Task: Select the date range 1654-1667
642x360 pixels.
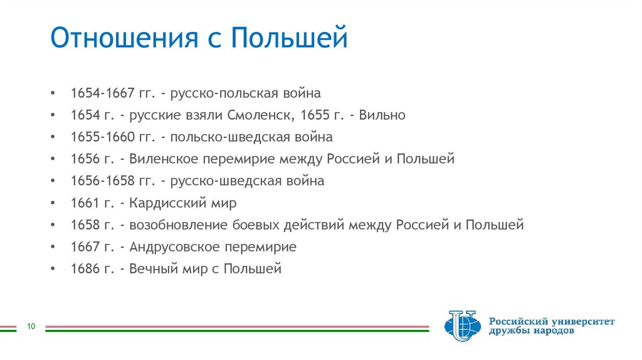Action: click(103, 93)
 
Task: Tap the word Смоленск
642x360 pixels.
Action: click(262, 115)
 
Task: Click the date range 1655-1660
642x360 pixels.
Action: click(103, 137)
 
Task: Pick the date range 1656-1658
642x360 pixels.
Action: click(103, 181)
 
